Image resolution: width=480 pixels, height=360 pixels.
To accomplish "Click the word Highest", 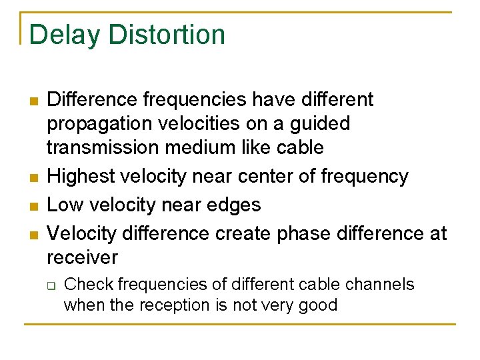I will (83, 177).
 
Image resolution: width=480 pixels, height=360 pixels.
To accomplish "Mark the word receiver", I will (83, 257).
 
